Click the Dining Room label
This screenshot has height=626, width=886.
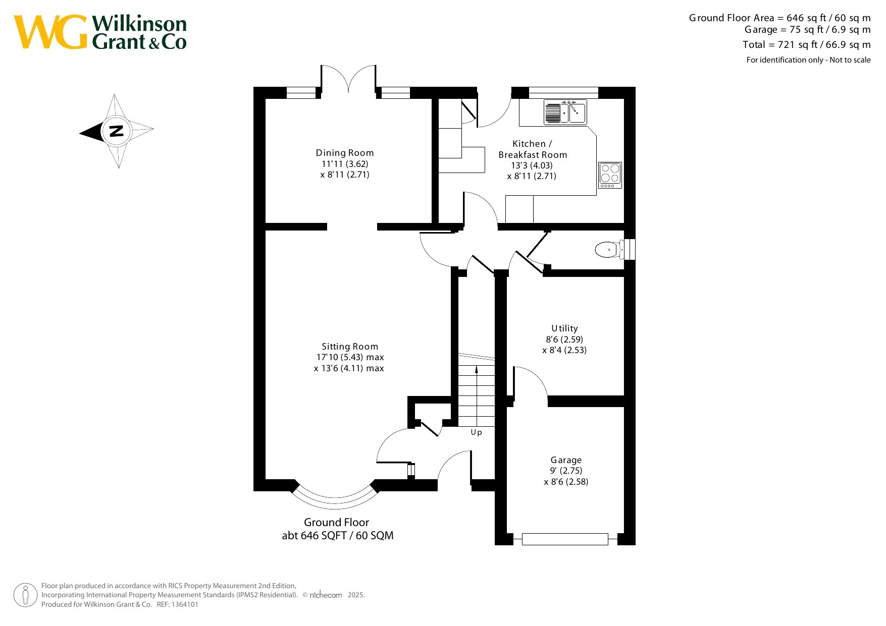(345, 153)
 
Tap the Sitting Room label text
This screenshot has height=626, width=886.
(350, 347)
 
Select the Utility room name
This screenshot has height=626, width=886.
(564, 328)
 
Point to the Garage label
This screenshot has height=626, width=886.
(566, 460)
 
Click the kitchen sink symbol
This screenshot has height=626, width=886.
(565, 112)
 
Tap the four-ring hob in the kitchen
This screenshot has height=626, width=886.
(610, 175)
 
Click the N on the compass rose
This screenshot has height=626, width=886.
(117, 131)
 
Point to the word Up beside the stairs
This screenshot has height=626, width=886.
(476, 432)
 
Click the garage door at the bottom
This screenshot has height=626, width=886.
(565, 539)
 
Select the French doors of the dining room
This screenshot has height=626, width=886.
(348, 81)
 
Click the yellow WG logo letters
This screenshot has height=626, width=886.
(50, 32)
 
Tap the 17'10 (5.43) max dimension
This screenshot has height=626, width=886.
(350, 357)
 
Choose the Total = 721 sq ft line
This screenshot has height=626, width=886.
(806, 44)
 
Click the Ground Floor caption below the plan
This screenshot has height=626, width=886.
(336, 523)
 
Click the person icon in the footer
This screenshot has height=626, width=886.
(26, 595)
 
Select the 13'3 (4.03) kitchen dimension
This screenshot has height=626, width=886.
(532, 165)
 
